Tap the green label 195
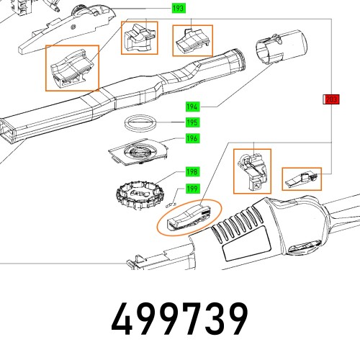coord(192,122)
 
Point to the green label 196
coord(192,138)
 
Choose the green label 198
coord(192,172)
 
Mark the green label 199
coord(192,189)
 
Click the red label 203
coord(330,99)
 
